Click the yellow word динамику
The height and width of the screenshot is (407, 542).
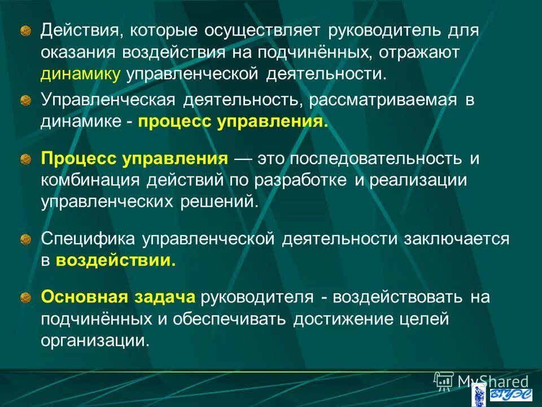coord(81,74)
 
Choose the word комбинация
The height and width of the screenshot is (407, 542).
coord(90,180)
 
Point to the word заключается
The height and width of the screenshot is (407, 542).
coord(456,239)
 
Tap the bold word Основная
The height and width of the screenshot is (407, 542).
coord(76,297)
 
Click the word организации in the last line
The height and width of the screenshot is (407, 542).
coord(95,341)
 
